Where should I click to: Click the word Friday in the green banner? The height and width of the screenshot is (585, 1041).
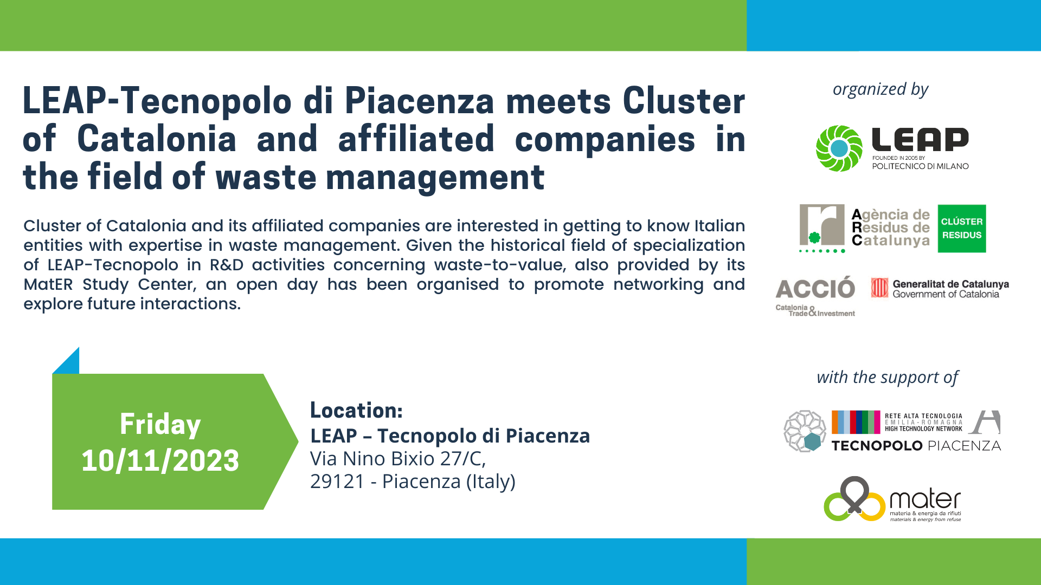[x=160, y=425]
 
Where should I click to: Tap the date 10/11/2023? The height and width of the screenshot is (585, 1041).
[x=160, y=461]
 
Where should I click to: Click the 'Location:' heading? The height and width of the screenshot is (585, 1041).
[x=356, y=411]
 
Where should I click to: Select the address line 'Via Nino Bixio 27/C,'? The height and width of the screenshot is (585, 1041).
[x=398, y=459]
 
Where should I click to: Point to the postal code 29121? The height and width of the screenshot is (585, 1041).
[x=337, y=482]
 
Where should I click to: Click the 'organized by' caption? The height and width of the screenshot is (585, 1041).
[x=881, y=89]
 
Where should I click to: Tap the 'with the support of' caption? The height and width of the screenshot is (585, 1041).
[x=888, y=378]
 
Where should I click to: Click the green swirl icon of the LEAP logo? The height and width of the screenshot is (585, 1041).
[x=839, y=148]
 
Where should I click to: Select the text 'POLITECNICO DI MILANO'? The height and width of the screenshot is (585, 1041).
[x=920, y=166]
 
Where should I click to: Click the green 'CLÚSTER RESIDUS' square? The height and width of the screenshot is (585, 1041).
[x=962, y=229]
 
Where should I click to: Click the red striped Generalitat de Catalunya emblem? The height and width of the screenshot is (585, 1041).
[x=879, y=288]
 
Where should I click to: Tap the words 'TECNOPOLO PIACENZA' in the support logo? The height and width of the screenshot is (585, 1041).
[x=916, y=446]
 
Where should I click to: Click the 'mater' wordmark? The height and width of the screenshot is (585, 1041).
[x=925, y=499]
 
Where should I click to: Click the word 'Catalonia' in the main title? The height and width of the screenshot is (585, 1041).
[x=157, y=139]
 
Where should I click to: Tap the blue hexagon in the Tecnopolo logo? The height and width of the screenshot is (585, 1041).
[x=812, y=442]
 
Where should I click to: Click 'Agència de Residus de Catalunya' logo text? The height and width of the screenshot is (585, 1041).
[x=891, y=228]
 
